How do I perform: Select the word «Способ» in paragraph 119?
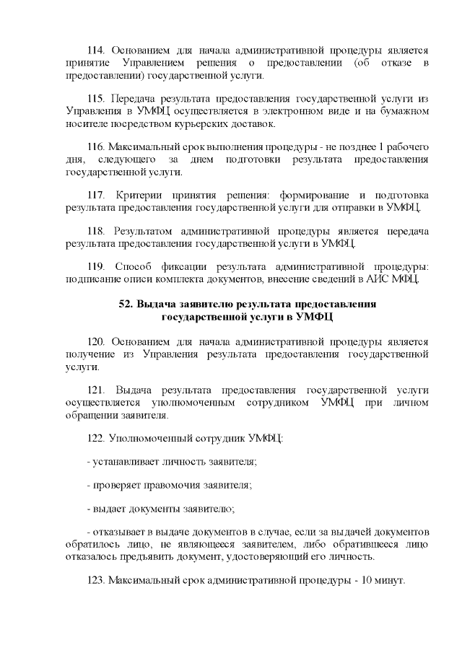pyautogui.click(x=134, y=268)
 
